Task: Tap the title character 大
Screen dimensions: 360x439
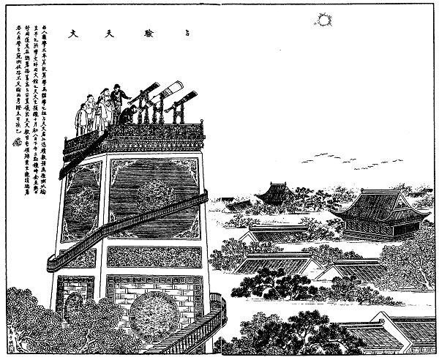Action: click(x=73, y=33)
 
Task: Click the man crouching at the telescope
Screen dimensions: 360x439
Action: click(x=130, y=113)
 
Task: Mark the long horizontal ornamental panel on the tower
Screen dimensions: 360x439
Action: click(x=153, y=256)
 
